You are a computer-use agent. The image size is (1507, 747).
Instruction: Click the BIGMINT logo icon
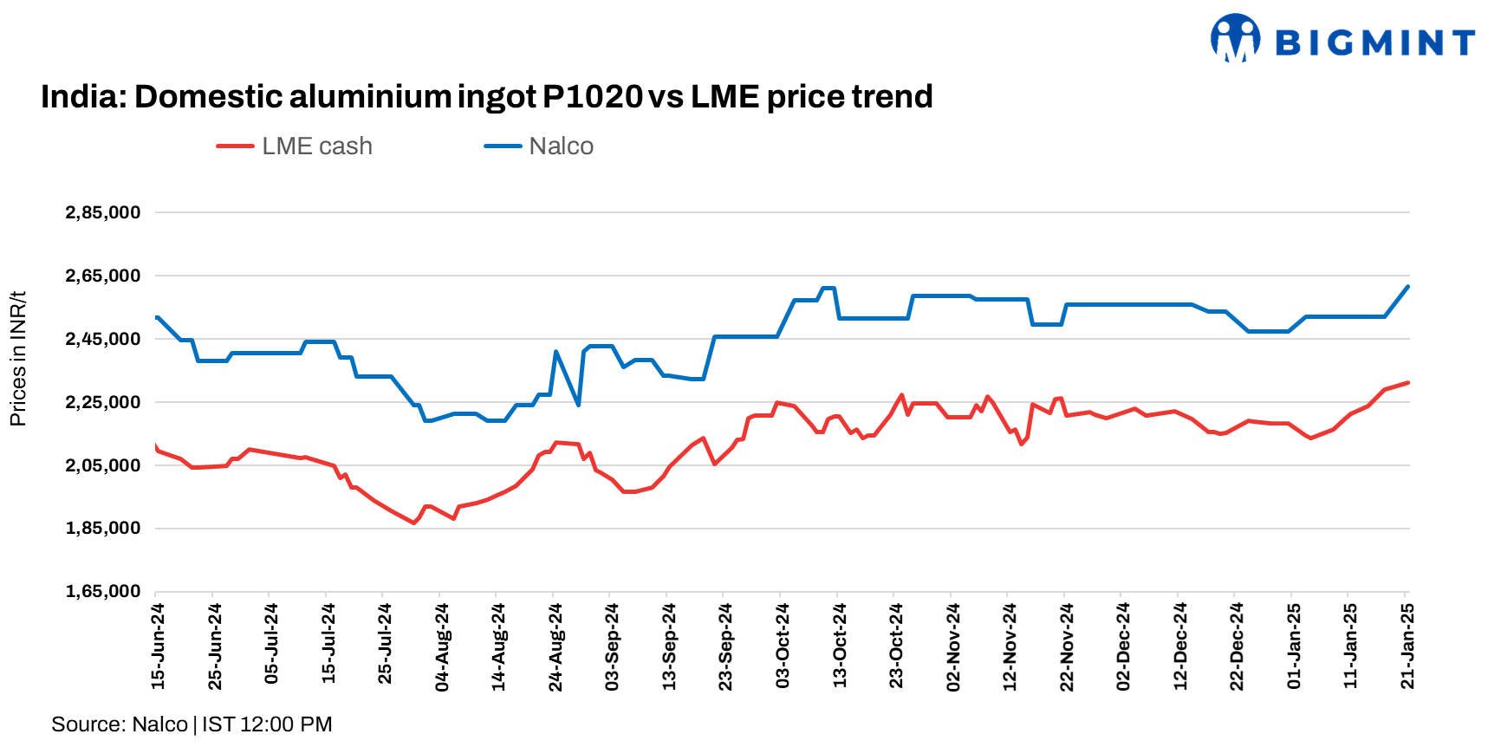1235,39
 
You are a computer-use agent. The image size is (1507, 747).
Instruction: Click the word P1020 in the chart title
592,96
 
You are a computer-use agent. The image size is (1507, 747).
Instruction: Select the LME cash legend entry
296,146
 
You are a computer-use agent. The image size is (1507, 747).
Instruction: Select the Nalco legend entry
539,146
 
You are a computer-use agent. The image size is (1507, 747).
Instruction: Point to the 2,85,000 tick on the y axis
103,213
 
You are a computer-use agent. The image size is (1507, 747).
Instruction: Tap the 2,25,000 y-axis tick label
103,402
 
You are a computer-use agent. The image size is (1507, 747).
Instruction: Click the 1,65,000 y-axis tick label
103,592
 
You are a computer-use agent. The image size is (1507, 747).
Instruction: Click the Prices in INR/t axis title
18,359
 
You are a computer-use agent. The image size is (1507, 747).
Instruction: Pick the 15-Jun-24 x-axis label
158,646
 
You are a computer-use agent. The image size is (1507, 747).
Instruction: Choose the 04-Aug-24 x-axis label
442,647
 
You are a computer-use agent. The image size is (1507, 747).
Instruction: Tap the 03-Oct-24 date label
783,646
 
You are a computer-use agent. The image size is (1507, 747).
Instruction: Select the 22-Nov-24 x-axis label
1067,647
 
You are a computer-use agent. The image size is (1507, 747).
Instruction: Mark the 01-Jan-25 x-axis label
1294,646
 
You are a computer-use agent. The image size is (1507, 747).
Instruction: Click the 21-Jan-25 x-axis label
1407,646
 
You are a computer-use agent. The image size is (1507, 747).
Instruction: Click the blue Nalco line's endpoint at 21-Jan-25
1407,287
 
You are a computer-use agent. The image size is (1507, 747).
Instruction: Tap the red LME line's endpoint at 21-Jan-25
1407,382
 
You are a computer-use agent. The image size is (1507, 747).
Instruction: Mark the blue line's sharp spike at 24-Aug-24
555,352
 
